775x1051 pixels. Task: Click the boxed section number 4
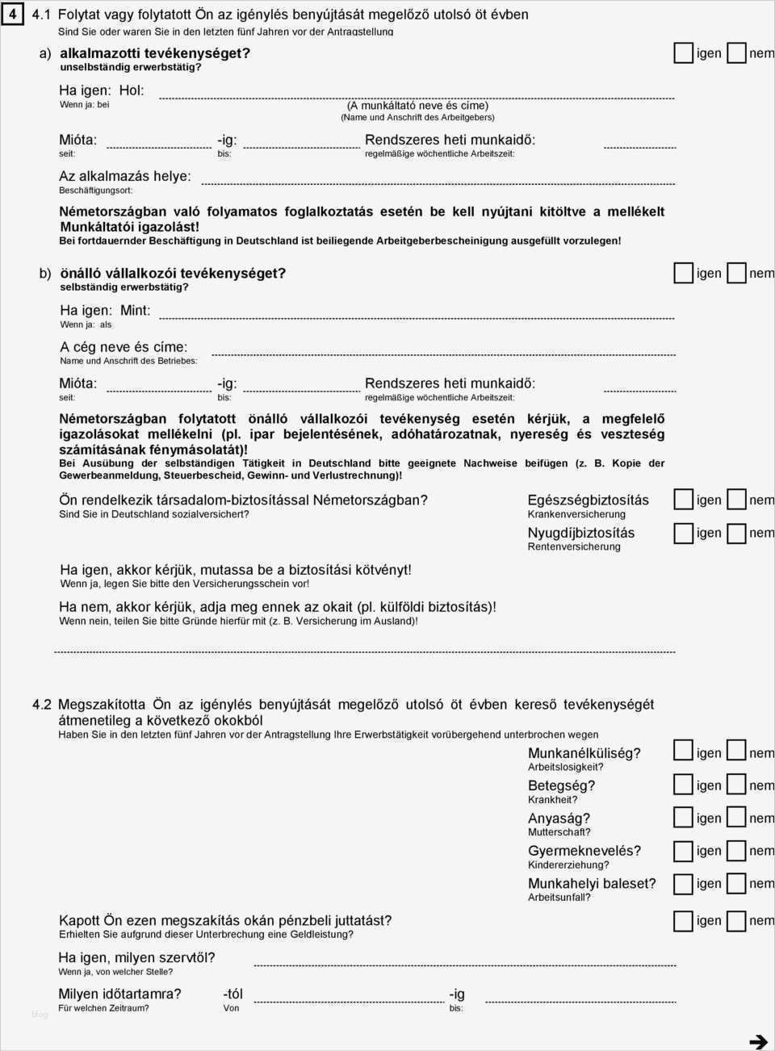[13, 15]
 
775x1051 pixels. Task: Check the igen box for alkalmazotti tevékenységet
[684, 53]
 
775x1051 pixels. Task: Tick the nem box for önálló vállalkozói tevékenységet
[736, 273]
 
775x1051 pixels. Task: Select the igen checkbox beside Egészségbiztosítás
[684, 500]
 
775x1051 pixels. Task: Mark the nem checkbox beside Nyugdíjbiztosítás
[736, 533]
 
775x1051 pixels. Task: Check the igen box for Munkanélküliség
[684, 752]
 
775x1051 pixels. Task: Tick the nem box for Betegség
[736, 785]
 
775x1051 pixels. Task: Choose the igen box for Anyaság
[684, 818]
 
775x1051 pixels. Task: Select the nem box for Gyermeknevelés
[736, 851]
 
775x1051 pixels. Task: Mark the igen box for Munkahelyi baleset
[684, 883]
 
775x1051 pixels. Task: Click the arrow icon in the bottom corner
[758, 1041]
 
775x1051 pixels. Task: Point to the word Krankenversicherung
[576, 514]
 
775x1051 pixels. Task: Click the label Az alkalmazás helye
[125, 176]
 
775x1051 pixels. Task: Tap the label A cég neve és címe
[124, 347]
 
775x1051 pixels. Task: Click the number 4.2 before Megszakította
[42, 705]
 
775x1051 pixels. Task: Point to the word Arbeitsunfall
[559, 897]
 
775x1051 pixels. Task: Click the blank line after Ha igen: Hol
[417, 98]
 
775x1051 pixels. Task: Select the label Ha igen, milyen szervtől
[136, 957]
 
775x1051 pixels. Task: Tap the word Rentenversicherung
[574, 546]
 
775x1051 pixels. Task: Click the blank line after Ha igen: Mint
[417, 318]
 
